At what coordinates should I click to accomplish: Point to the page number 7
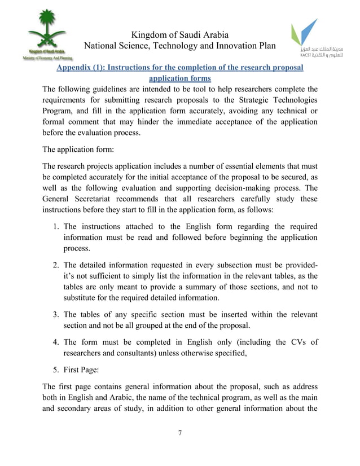click(x=179, y=433)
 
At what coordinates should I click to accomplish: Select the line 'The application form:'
click(x=78, y=150)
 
